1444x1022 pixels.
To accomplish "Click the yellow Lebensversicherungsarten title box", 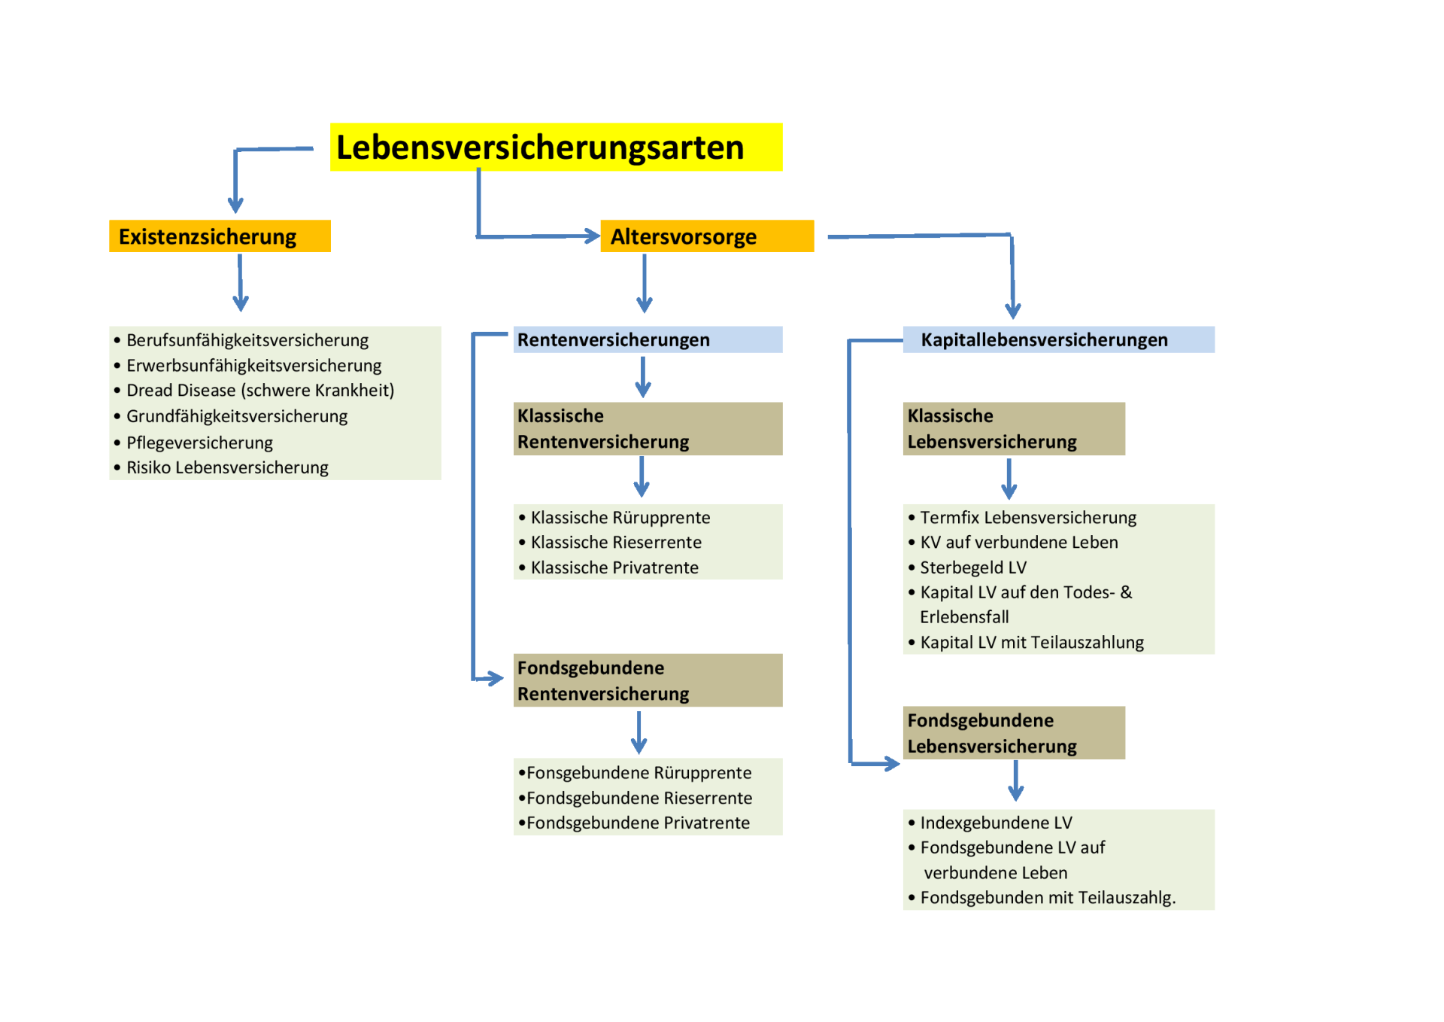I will coord(556,148).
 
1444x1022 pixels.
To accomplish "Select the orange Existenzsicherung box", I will coord(220,236).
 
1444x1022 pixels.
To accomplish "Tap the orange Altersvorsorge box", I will coord(706,236).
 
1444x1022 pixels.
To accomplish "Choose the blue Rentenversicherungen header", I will coord(648,340).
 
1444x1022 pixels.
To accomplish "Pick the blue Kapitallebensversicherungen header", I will coord(1057,340).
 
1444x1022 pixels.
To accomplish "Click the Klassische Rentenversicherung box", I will coord(648,429).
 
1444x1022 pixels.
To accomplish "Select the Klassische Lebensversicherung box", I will coord(1013,429).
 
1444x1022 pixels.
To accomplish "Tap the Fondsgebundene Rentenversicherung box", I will coord(648,680).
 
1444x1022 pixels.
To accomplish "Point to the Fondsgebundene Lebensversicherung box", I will coord(1013,733).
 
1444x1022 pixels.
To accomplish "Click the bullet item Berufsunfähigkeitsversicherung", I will coord(247,340).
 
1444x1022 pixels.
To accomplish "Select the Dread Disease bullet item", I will coord(259,391).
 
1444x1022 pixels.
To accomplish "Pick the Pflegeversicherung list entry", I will coord(199,443).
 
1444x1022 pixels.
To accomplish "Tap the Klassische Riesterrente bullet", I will coord(615,543).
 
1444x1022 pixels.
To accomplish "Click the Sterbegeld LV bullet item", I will coord(972,567).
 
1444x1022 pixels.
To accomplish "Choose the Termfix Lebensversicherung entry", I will coord(1027,518).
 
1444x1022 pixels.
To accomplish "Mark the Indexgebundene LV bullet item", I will coord(996,823).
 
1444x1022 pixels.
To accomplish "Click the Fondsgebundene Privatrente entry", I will coord(638,823).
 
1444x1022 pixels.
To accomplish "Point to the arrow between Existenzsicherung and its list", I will coord(240,283).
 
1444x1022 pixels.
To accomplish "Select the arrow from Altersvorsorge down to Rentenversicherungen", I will coord(644,284).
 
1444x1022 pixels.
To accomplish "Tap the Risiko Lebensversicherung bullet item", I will coord(227,467).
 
